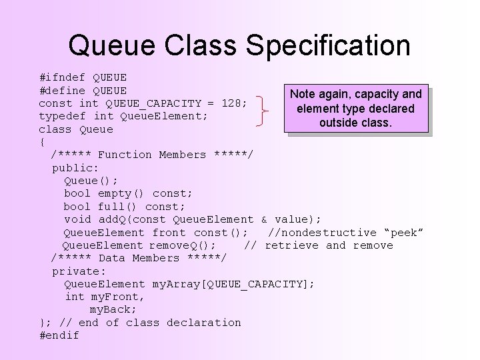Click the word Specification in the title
pyautogui.click(x=329, y=45)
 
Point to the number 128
pyautogui.click(x=234, y=103)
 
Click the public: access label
pyautogui.click(x=75, y=167)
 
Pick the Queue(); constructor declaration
pyautogui.click(x=91, y=181)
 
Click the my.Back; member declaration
pyautogui.click(x=113, y=310)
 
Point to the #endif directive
pyautogui.click(x=59, y=335)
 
